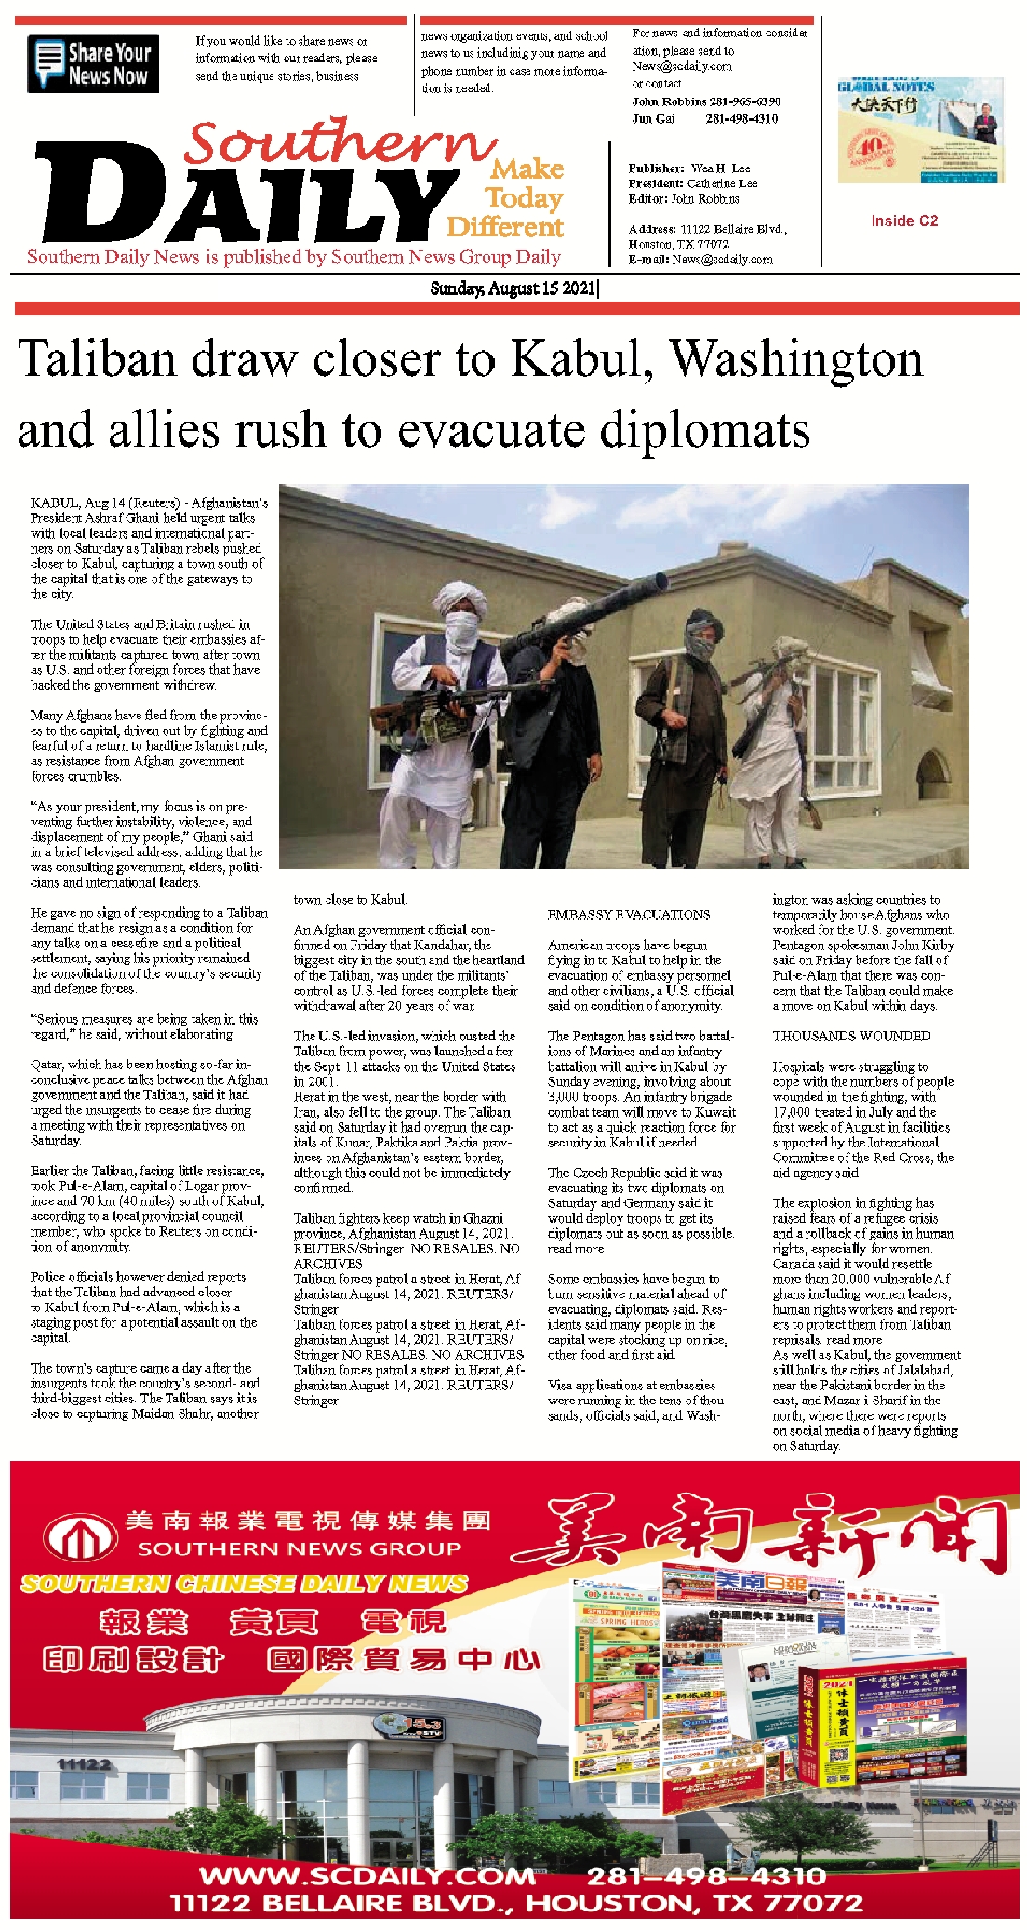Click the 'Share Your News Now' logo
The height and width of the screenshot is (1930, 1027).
point(93,63)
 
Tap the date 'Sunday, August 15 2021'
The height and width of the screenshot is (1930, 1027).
point(513,288)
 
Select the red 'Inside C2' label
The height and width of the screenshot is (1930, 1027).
point(904,221)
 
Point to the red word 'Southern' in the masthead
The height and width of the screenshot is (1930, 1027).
point(340,144)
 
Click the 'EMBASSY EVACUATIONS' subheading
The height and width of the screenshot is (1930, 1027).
point(629,915)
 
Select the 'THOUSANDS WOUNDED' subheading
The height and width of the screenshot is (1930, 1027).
point(851,1036)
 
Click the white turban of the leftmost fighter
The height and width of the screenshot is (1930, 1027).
point(460,595)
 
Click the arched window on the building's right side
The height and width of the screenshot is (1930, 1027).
point(933,776)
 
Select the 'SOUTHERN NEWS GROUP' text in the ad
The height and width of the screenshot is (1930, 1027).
point(299,1548)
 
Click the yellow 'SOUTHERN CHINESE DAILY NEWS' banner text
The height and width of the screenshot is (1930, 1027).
point(244,1583)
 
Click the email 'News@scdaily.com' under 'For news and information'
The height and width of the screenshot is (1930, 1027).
point(682,67)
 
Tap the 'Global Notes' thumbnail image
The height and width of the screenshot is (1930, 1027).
point(920,130)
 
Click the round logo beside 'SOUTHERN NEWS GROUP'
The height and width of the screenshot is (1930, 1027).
point(82,1535)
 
